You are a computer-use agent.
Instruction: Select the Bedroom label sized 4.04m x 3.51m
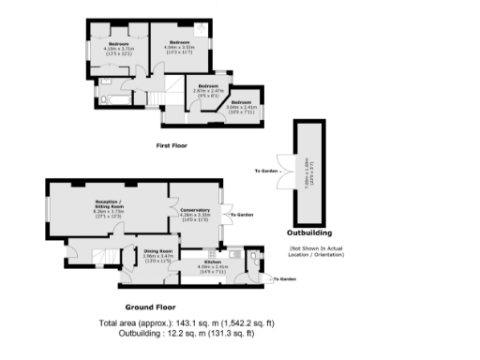pyautogui.click(x=180, y=46)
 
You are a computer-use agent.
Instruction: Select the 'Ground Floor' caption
pyautogui.click(x=152, y=307)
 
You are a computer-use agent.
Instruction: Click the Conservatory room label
pyautogui.click(x=193, y=214)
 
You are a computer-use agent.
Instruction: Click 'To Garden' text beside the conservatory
pyautogui.click(x=242, y=215)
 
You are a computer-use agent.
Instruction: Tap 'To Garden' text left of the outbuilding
pyautogui.click(x=266, y=171)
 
